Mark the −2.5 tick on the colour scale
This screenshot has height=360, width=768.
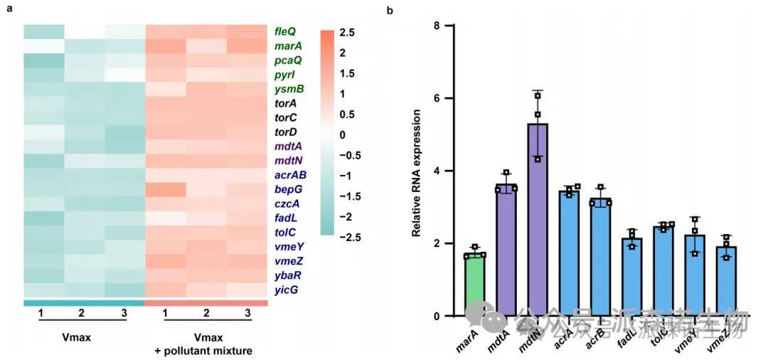[x=351, y=235]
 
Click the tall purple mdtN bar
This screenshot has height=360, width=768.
[x=538, y=221]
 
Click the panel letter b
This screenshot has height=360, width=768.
[x=389, y=11]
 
